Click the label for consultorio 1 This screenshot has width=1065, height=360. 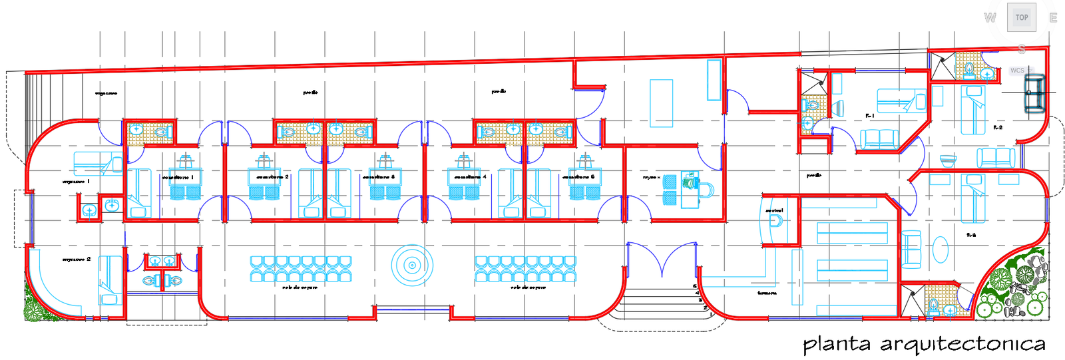[x=178, y=178]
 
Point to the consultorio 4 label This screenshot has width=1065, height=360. [x=470, y=178]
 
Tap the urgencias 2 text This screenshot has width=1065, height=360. [x=77, y=259]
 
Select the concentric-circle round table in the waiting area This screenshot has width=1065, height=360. [x=412, y=266]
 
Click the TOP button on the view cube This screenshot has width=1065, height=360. [x=1021, y=17]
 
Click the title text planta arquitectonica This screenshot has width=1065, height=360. [x=924, y=344]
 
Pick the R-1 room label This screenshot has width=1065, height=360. [x=869, y=116]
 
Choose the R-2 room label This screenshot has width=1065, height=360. [x=998, y=127]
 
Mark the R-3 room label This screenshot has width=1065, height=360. [x=971, y=235]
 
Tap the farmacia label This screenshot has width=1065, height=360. [x=767, y=293]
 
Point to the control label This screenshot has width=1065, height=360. [x=774, y=210]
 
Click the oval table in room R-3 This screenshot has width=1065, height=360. [x=940, y=250]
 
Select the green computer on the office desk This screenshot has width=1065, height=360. [x=689, y=180]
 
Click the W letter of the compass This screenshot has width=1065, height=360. [x=990, y=18]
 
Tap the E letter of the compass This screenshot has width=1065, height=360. [x=1053, y=18]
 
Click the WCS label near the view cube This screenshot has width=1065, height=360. [x=1017, y=71]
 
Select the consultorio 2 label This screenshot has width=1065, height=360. [x=272, y=178]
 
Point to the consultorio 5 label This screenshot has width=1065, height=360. [x=578, y=178]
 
